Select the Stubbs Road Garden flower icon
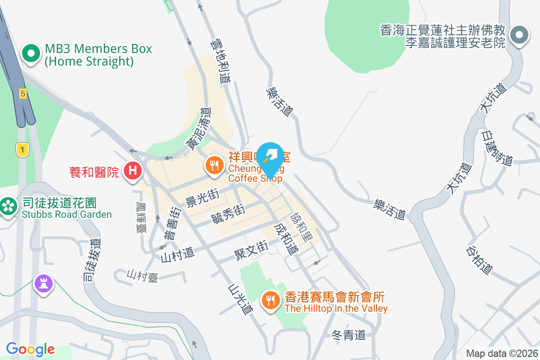[8, 207]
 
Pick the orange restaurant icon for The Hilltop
[270, 300]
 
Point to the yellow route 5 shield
[22, 94]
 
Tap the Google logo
[31, 349]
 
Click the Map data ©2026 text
[502, 353]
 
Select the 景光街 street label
[202, 198]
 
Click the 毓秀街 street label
[228, 214]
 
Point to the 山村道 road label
[177, 255]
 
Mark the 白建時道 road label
[497, 147]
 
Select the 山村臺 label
[143, 276]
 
